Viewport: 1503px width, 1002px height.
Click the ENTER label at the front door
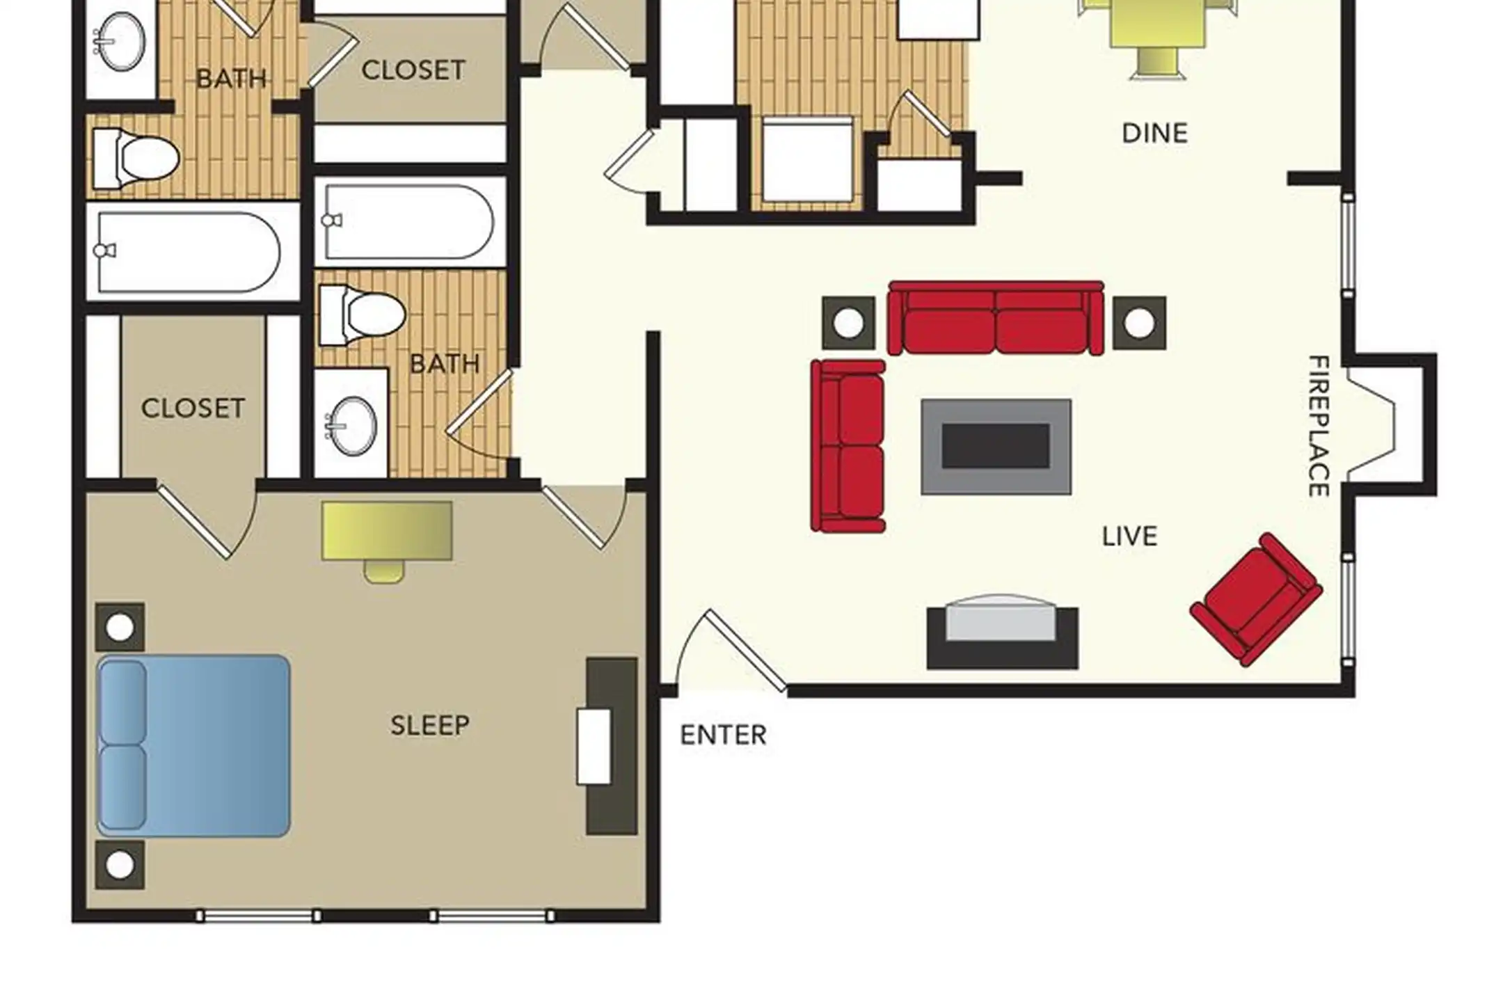(x=723, y=735)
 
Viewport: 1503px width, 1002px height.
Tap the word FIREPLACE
(x=1319, y=426)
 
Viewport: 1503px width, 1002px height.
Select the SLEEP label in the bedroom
(x=430, y=726)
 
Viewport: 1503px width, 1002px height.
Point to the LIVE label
(x=1130, y=536)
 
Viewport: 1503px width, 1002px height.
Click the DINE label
(x=1154, y=133)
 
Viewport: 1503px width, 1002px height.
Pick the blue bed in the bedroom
(x=193, y=745)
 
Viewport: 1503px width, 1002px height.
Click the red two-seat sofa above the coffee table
(x=996, y=318)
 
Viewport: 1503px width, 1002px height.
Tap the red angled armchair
(x=1257, y=600)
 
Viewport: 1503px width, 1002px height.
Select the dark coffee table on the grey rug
(x=996, y=446)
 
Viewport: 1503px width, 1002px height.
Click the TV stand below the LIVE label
(x=1003, y=633)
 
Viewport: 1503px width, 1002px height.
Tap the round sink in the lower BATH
(x=351, y=425)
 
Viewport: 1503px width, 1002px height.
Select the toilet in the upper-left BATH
(x=136, y=158)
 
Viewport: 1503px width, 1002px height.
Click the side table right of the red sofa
(x=1139, y=323)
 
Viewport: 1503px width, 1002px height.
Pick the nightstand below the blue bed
(x=120, y=865)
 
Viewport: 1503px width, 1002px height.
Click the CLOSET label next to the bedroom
(x=193, y=408)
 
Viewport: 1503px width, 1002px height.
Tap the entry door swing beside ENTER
(x=731, y=650)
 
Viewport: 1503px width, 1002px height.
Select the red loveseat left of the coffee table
(x=848, y=446)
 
